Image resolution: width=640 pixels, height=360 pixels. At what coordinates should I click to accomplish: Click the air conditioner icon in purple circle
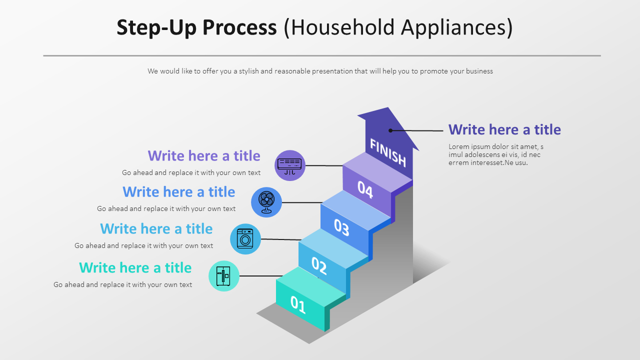tap(290, 165)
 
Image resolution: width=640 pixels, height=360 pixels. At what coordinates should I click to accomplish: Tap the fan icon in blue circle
tap(266, 202)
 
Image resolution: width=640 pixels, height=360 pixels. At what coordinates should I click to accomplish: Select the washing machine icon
tap(245, 239)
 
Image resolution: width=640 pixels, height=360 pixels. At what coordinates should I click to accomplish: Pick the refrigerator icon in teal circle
tap(224, 276)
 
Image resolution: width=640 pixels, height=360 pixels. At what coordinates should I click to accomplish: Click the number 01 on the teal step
tap(298, 304)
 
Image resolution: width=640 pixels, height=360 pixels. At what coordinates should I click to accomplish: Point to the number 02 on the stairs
tap(319, 265)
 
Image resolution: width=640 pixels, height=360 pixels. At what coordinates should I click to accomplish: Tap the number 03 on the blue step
tap(341, 227)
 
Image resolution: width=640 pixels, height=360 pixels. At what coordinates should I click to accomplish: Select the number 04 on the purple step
tap(365, 189)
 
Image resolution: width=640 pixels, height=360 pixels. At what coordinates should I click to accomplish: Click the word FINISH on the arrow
tap(387, 152)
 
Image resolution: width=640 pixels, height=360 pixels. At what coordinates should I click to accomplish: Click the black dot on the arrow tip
tap(390, 130)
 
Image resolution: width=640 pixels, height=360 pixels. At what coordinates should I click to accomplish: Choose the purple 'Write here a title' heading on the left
tap(204, 156)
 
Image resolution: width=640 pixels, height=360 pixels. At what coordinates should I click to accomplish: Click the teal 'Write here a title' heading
tap(135, 268)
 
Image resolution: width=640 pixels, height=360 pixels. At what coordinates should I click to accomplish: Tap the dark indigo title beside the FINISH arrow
tap(504, 130)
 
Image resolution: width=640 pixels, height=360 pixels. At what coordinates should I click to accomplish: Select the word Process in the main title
tap(239, 27)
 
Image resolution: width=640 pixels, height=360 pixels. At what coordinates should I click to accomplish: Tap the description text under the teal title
tap(122, 285)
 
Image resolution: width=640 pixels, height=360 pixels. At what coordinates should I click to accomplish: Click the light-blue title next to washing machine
tap(156, 229)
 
